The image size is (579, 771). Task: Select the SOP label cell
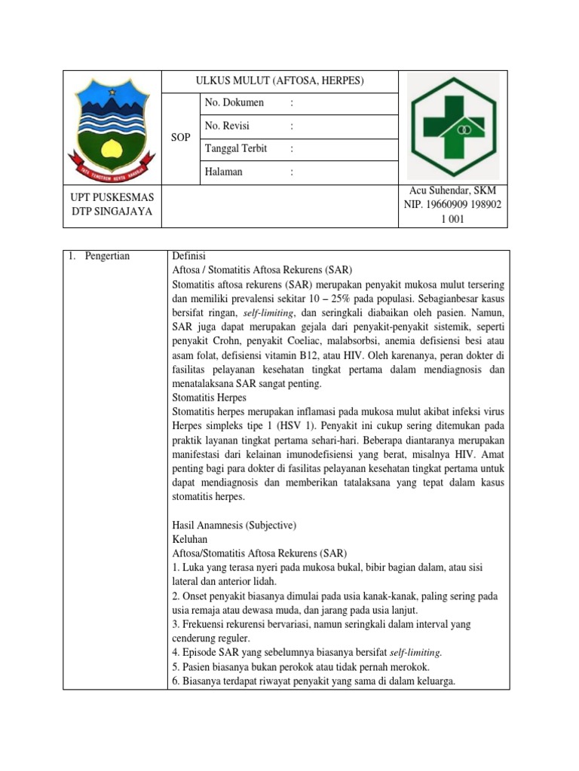181,138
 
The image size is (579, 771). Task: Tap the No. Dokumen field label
234,102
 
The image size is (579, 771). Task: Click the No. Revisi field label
227,126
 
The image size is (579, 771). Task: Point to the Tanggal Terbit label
236,148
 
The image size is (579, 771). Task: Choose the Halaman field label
224,172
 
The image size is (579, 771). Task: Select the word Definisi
191,256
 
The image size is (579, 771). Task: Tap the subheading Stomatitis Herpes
210,397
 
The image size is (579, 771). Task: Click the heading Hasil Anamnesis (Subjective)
235,526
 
